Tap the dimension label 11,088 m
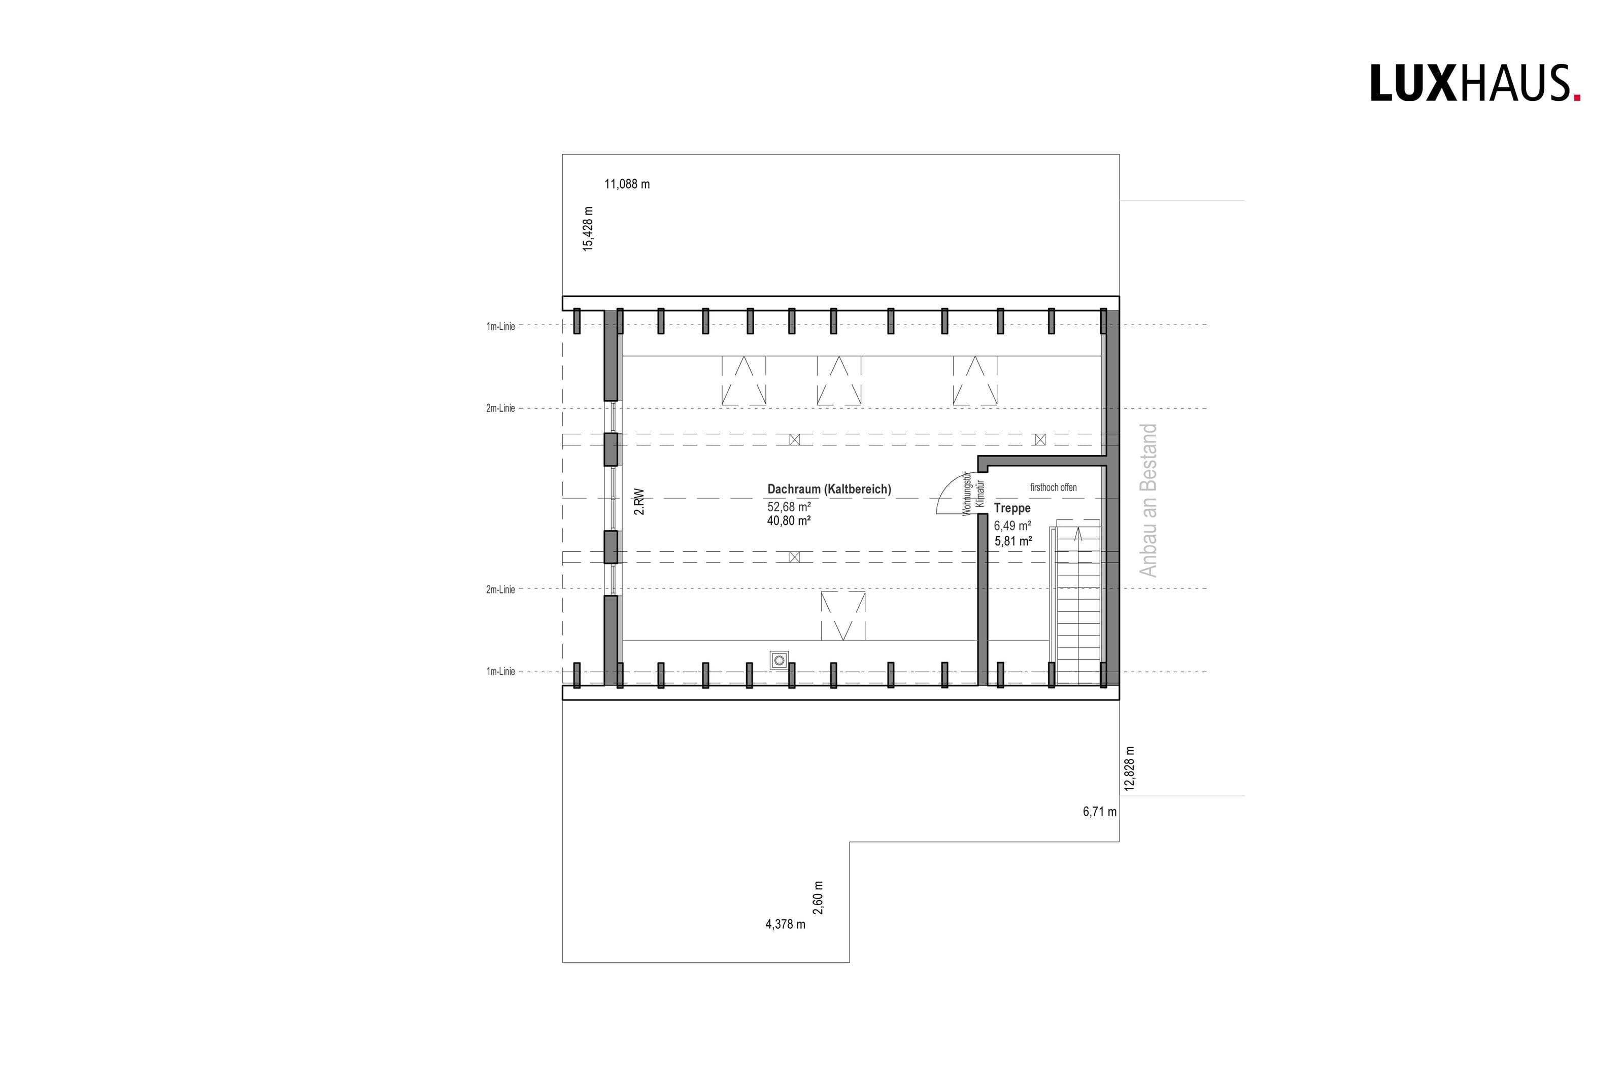(x=627, y=184)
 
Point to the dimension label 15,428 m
(x=588, y=228)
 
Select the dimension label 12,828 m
(x=1129, y=768)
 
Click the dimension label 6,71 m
(x=1099, y=812)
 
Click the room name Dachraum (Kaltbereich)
(x=829, y=489)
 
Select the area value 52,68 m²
(x=789, y=507)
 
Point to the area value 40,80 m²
(x=789, y=521)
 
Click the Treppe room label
(x=1012, y=508)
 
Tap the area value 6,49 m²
(x=1012, y=526)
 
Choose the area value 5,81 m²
(x=1013, y=542)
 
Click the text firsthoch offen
(x=1053, y=487)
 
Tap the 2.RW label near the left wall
(x=639, y=502)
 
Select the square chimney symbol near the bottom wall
(x=779, y=660)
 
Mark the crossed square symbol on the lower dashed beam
(x=794, y=557)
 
